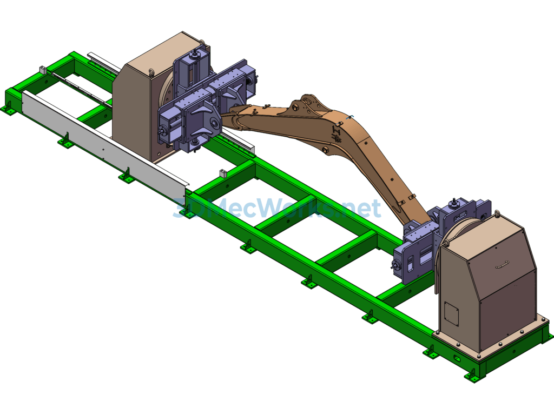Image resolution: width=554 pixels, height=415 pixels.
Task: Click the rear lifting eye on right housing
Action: pyautogui.click(x=497, y=214)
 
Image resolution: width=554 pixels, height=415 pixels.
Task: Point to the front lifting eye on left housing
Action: pyautogui.click(x=151, y=73)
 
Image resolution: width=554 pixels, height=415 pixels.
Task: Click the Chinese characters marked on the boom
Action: pyautogui.click(x=337, y=134)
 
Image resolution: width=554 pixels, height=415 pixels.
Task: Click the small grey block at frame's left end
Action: pyautogui.click(x=43, y=70)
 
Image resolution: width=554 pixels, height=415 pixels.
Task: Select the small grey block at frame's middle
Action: pyautogui.click(x=222, y=173)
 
